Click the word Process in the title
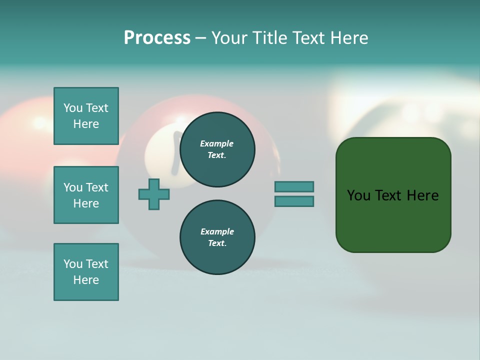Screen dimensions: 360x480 tap(157, 38)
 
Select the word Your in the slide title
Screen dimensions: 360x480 tap(229, 38)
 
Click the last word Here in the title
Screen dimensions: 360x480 tap(348, 38)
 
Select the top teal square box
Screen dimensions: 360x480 tap(86, 116)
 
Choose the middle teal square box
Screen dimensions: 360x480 tap(86, 195)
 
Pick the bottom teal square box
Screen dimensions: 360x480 tap(86, 272)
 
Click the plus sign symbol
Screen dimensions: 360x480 tap(154, 194)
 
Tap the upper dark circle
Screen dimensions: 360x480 tap(217, 149)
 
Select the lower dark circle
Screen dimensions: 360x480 tap(217, 237)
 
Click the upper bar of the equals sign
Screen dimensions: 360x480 tap(294, 186)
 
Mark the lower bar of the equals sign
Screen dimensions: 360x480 tap(294, 201)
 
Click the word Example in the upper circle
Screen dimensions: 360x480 tap(217, 143)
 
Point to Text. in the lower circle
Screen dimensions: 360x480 tap(217, 243)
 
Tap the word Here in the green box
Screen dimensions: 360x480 tap(422, 195)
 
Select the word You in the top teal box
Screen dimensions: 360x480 tap(73, 108)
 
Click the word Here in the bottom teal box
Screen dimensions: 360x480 tap(86, 280)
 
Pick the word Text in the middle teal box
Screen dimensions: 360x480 tap(97, 187)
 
